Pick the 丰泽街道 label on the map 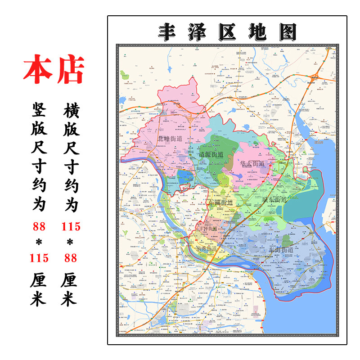pyautogui.click(x=207, y=229)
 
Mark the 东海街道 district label pyautogui.click(x=280, y=249)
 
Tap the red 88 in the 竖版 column pyautogui.click(x=39, y=226)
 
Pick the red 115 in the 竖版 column pyautogui.click(x=39, y=258)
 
